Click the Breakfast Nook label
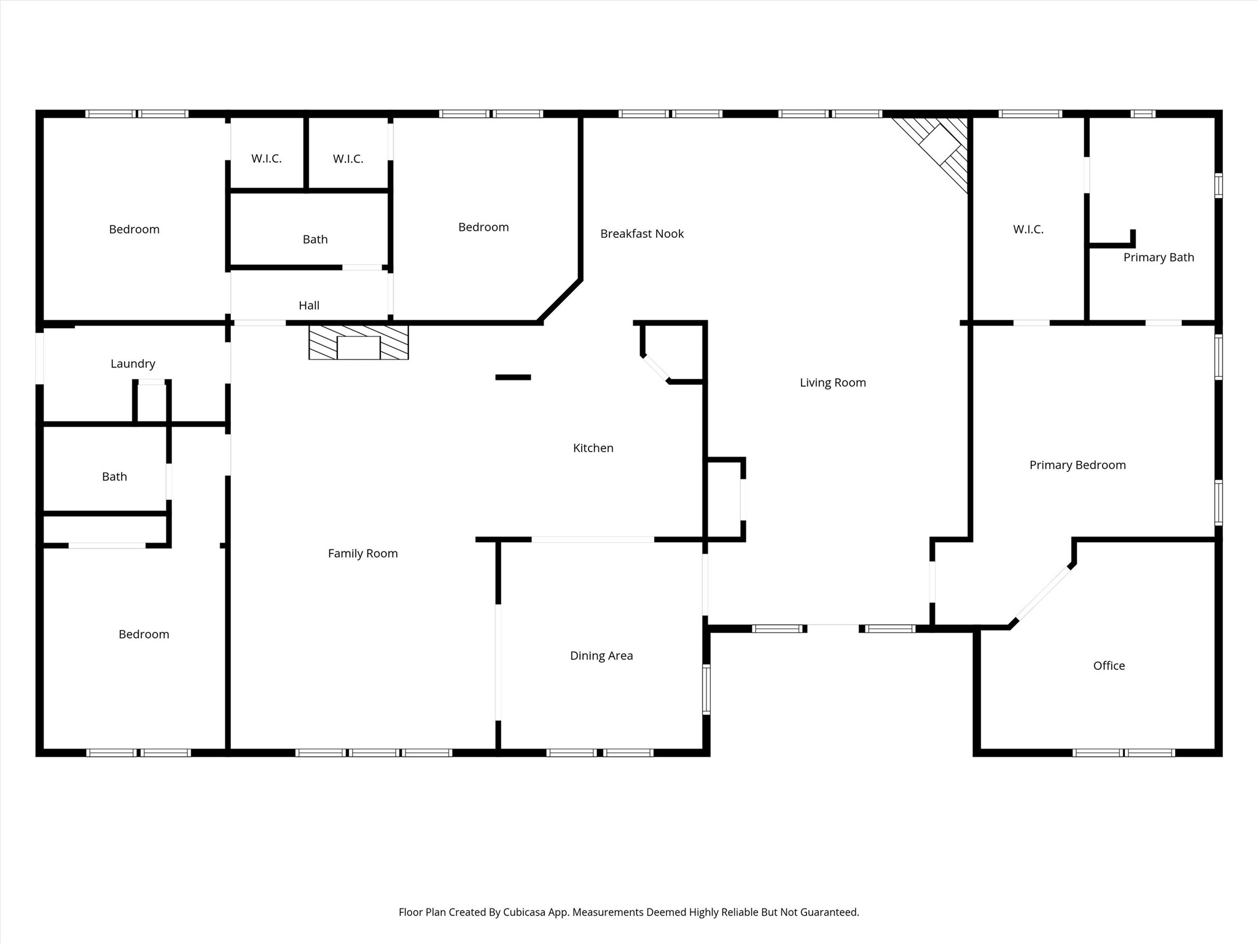tap(642, 234)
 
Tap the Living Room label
tap(832, 382)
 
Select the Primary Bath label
tap(1158, 258)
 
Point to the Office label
tap(1109, 666)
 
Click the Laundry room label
tap(133, 364)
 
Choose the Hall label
tap(309, 305)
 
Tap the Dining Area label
tap(601, 656)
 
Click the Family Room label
tap(362, 554)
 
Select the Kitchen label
tap(593, 448)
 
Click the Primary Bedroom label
tap(1077, 465)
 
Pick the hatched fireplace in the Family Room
tap(359, 343)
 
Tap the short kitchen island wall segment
tap(513, 377)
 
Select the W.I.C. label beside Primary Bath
tap(1028, 229)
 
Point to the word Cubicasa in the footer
tap(525, 912)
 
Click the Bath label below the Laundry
tap(114, 477)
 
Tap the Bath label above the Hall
tap(315, 240)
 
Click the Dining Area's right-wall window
tap(706, 689)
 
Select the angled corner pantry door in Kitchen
tap(655, 369)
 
